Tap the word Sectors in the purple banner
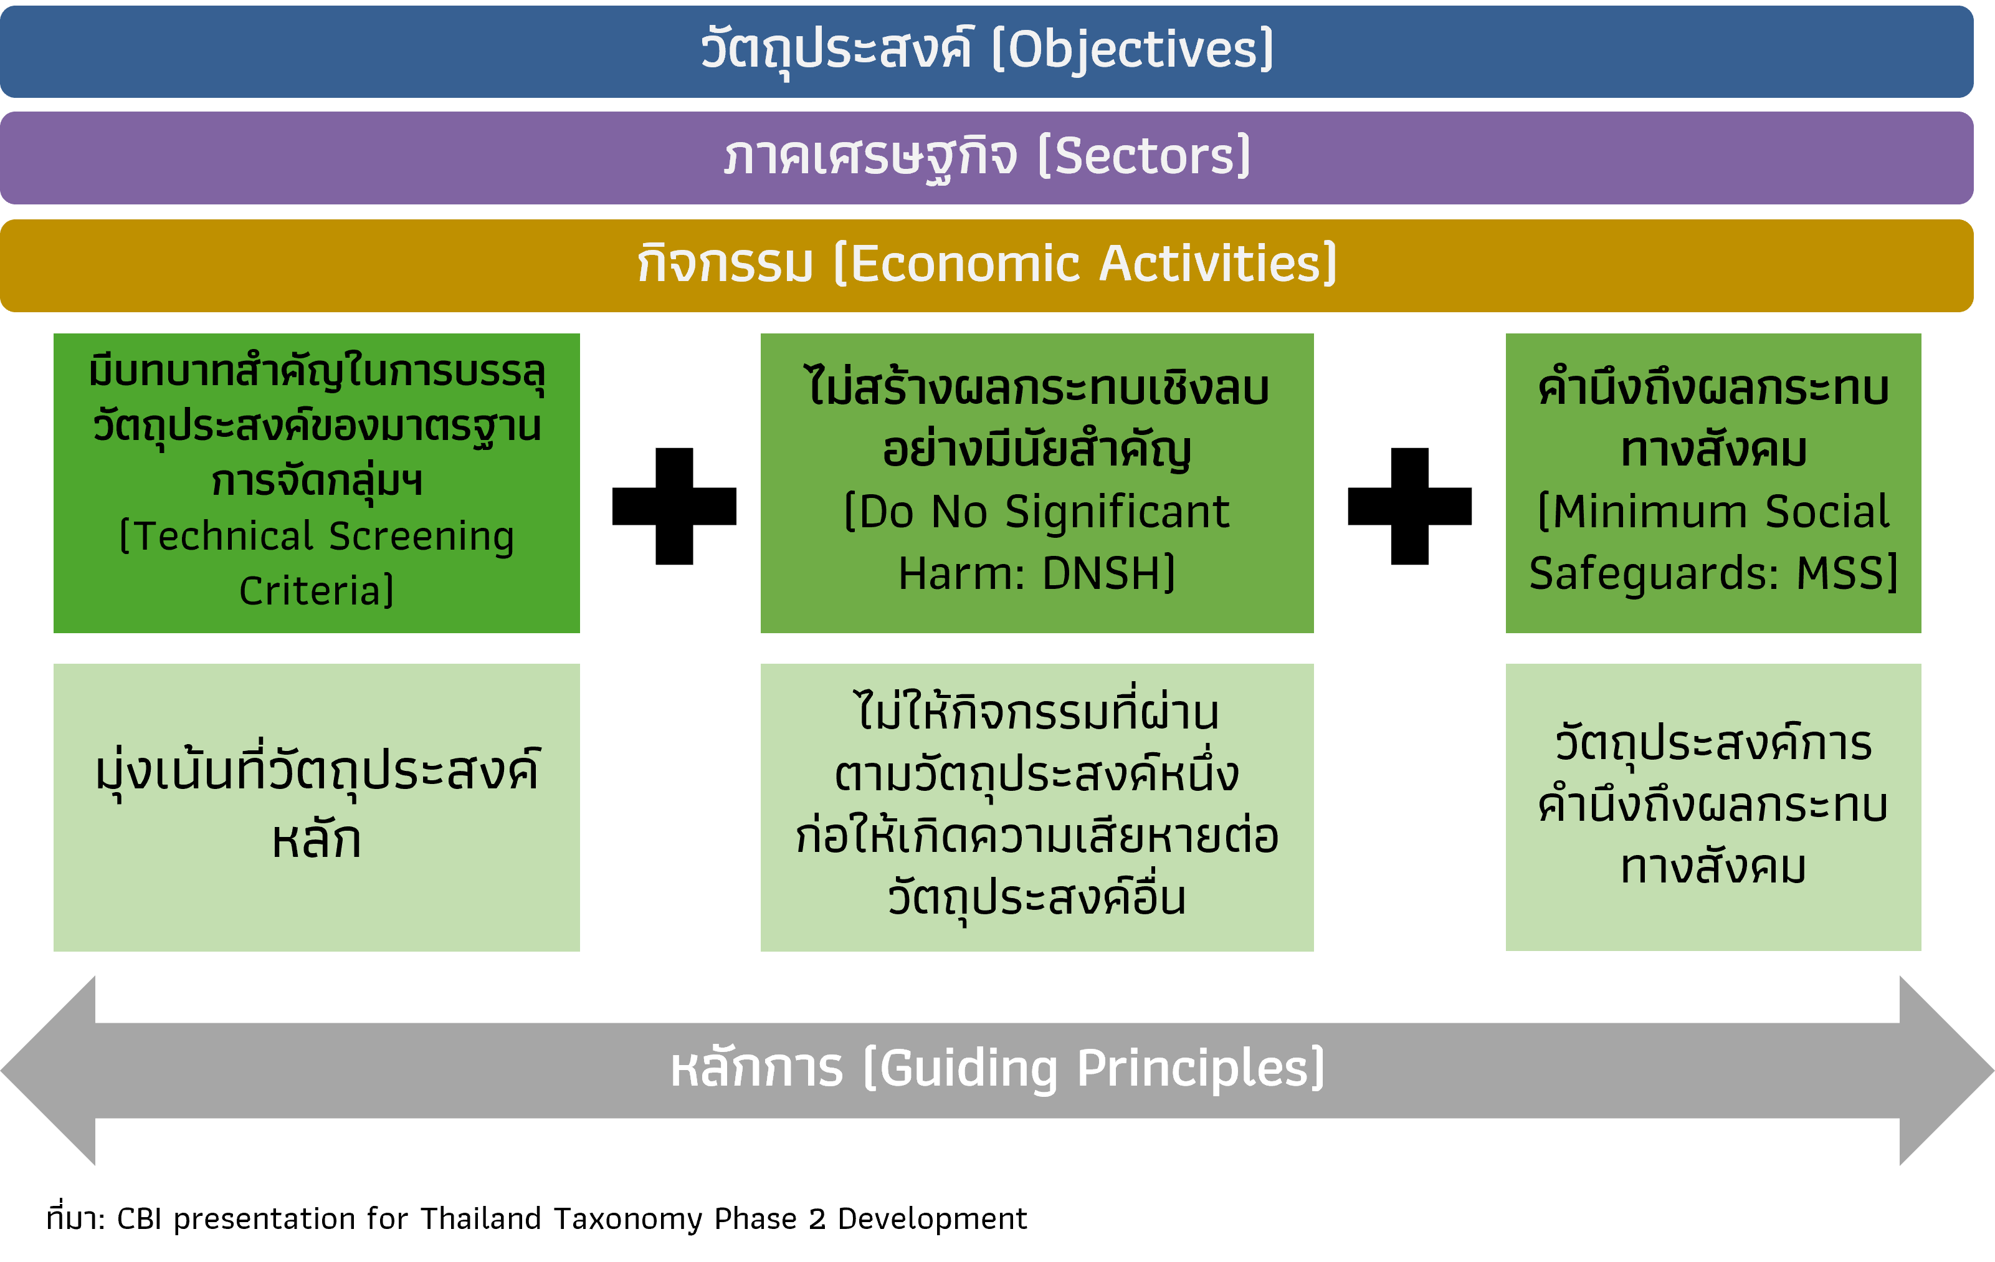[x=1145, y=156]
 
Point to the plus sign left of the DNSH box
[x=674, y=506]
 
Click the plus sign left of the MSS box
[x=1410, y=506]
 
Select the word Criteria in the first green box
[x=310, y=591]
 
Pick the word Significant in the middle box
[x=1117, y=513]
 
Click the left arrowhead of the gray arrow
[x=48, y=1071]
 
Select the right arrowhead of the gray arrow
[x=1947, y=1071]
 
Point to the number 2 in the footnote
[x=817, y=1219]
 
